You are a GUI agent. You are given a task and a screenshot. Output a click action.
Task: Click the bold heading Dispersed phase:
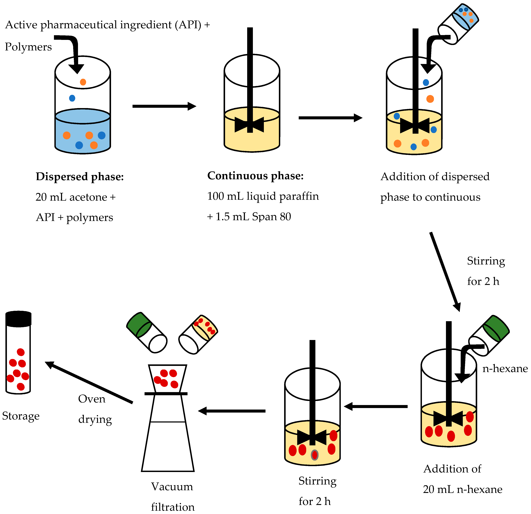click(x=80, y=177)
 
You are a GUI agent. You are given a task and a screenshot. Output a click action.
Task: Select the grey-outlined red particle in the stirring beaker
click(x=314, y=455)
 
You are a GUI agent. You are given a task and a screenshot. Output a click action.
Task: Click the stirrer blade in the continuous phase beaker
click(x=249, y=125)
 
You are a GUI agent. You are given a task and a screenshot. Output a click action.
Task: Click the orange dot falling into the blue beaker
click(x=83, y=82)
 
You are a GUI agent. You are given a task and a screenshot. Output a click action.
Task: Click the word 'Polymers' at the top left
click(x=28, y=47)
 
